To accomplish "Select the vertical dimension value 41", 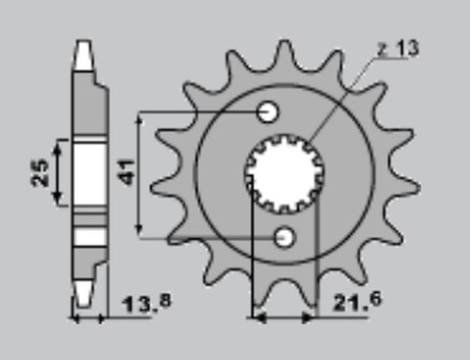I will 126,174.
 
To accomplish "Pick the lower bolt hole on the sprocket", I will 286,236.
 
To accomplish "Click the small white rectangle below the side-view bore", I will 90,237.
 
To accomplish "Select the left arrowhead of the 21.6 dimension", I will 257,317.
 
